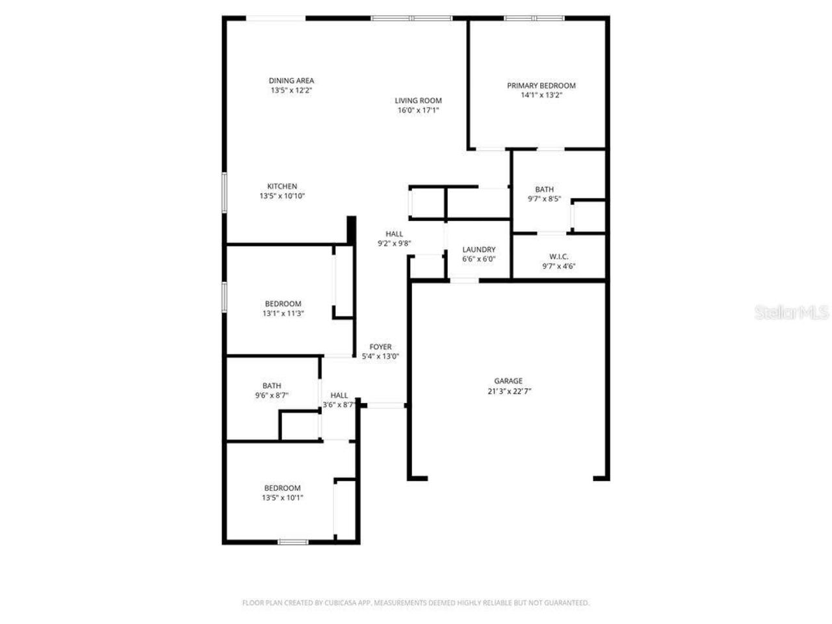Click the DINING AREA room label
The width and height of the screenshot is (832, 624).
(x=291, y=81)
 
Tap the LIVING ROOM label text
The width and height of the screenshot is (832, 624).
(x=418, y=100)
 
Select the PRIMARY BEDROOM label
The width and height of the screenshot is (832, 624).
(x=541, y=85)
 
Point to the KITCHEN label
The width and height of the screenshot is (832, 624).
(x=282, y=186)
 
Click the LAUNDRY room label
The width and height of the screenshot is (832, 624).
(x=478, y=250)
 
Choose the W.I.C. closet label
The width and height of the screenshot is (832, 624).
(x=558, y=257)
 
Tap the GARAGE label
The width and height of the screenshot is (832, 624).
(x=508, y=381)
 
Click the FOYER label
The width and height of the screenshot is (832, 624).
(x=380, y=347)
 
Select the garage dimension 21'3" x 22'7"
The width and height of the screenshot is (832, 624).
(x=508, y=391)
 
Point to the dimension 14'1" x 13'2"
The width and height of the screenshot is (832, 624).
(x=541, y=95)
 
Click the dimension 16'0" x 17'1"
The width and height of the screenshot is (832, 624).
(x=418, y=110)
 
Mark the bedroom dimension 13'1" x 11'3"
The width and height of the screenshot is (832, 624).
(x=283, y=313)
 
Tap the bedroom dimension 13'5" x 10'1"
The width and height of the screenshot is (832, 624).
(x=282, y=498)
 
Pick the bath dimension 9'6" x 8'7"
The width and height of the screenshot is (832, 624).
(x=272, y=395)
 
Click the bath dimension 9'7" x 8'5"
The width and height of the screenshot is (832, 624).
(x=544, y=200)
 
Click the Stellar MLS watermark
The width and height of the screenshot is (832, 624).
(x=791, y=313)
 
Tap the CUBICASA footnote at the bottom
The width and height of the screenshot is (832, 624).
(x=415, y=603)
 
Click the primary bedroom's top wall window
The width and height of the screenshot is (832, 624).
(x=535, y=18)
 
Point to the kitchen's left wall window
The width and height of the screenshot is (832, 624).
(x=224, y=192)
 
